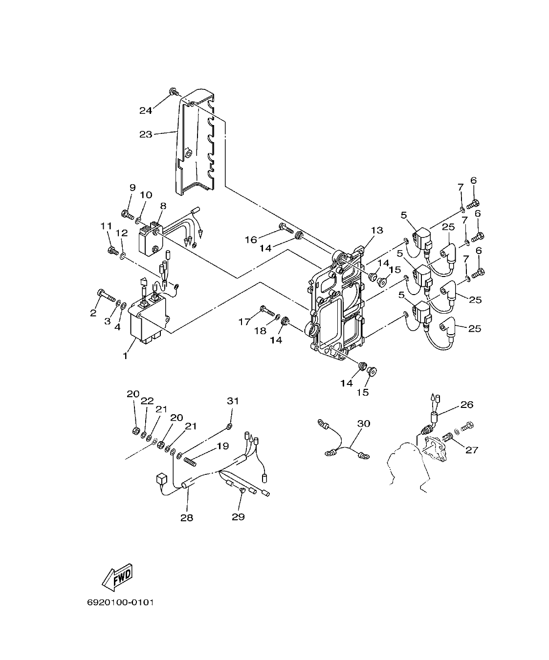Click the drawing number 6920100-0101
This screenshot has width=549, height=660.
pyautogui.click(x=120, y=602)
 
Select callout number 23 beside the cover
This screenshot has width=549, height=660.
pyautogui.click(x=146, y=134)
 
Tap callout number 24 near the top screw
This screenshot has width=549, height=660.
pyautogui.click(x=146, y=110)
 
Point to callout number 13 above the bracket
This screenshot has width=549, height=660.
pyautogui.click(x=376, y=230)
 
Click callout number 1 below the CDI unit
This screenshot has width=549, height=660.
pyautogui.click(x=125, y=356)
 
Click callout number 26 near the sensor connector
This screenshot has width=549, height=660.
pyautogui.click(x=467, y=405)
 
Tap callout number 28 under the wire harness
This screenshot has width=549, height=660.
pyautogui.click(x=187, y=517)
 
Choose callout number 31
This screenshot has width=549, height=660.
pyautogui.click(x=233, y=401)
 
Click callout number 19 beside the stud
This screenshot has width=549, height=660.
pyautogui.click(x=223, y=446)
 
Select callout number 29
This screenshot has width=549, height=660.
pyautogui.click(x=238, y=516)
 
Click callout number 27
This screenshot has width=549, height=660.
pyautogui.click(x=471, y=449)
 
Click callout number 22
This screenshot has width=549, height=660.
pyautogui.click(x=148, y=401)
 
